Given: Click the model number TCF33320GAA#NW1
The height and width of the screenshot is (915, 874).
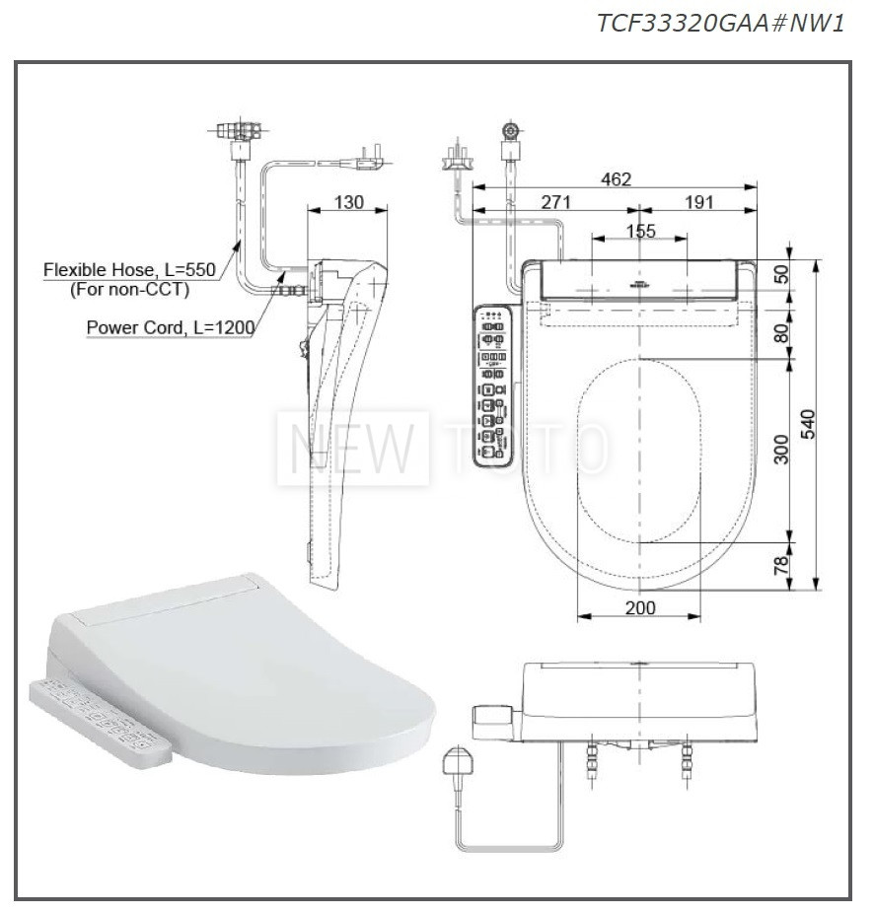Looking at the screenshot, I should (720, 23).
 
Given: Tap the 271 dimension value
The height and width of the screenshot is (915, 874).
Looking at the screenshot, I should (555, 202).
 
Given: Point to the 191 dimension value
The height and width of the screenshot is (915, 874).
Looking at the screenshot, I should (698, 202).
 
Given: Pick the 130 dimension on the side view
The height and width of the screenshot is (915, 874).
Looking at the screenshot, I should (349, 202).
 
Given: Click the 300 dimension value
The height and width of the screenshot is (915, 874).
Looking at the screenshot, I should (780, 450).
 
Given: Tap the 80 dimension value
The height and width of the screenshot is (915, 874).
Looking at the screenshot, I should (780, 332).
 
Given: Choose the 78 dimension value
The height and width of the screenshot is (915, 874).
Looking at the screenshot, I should (780, 566).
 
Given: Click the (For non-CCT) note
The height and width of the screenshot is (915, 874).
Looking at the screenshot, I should (128, 290).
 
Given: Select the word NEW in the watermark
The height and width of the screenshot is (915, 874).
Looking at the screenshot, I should (353, 450).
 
